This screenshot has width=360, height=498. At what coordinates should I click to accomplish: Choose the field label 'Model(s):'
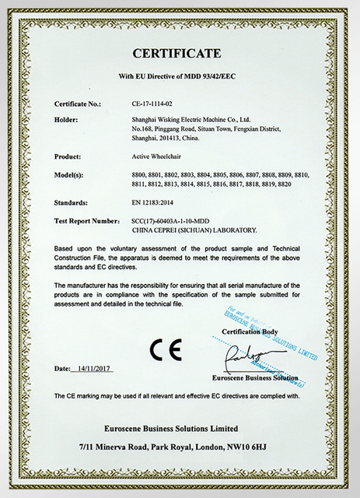pos(74,175)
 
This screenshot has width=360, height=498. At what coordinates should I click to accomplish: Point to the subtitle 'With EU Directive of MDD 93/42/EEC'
pos(180,76)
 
